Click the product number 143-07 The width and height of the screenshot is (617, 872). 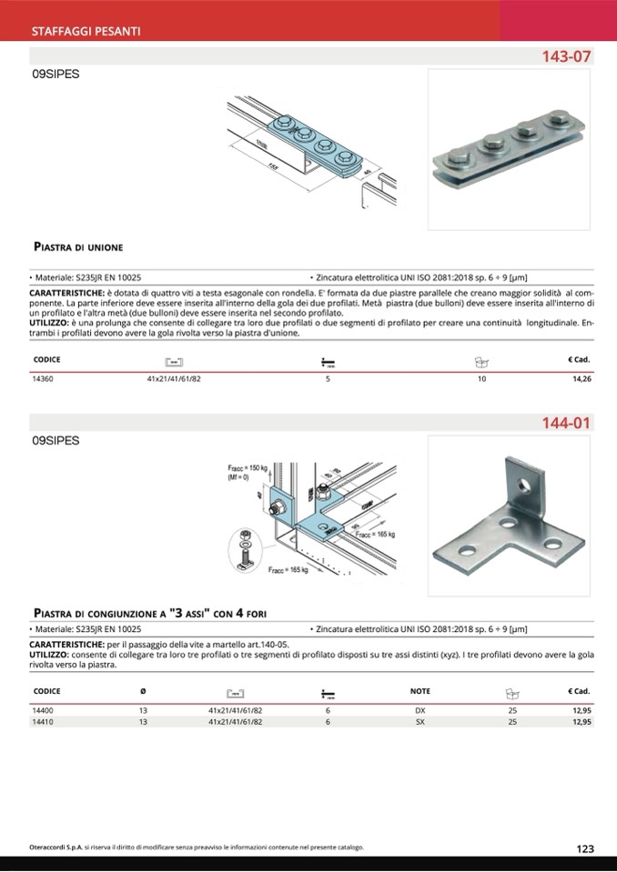point(566,56)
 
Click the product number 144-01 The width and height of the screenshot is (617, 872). point(566,423)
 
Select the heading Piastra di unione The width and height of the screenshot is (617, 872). point(77,246)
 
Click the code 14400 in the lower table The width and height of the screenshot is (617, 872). point(43,709)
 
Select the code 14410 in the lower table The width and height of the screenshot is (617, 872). point(43,722)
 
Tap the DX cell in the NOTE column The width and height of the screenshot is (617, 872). point(420,709)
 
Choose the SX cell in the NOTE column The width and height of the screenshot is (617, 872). point(420,722)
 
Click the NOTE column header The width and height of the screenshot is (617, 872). point(420,691)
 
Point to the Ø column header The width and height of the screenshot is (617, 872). point(143,691)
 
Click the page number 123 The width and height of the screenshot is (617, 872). point(584,848)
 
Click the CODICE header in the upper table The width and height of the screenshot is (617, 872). point(46,359)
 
